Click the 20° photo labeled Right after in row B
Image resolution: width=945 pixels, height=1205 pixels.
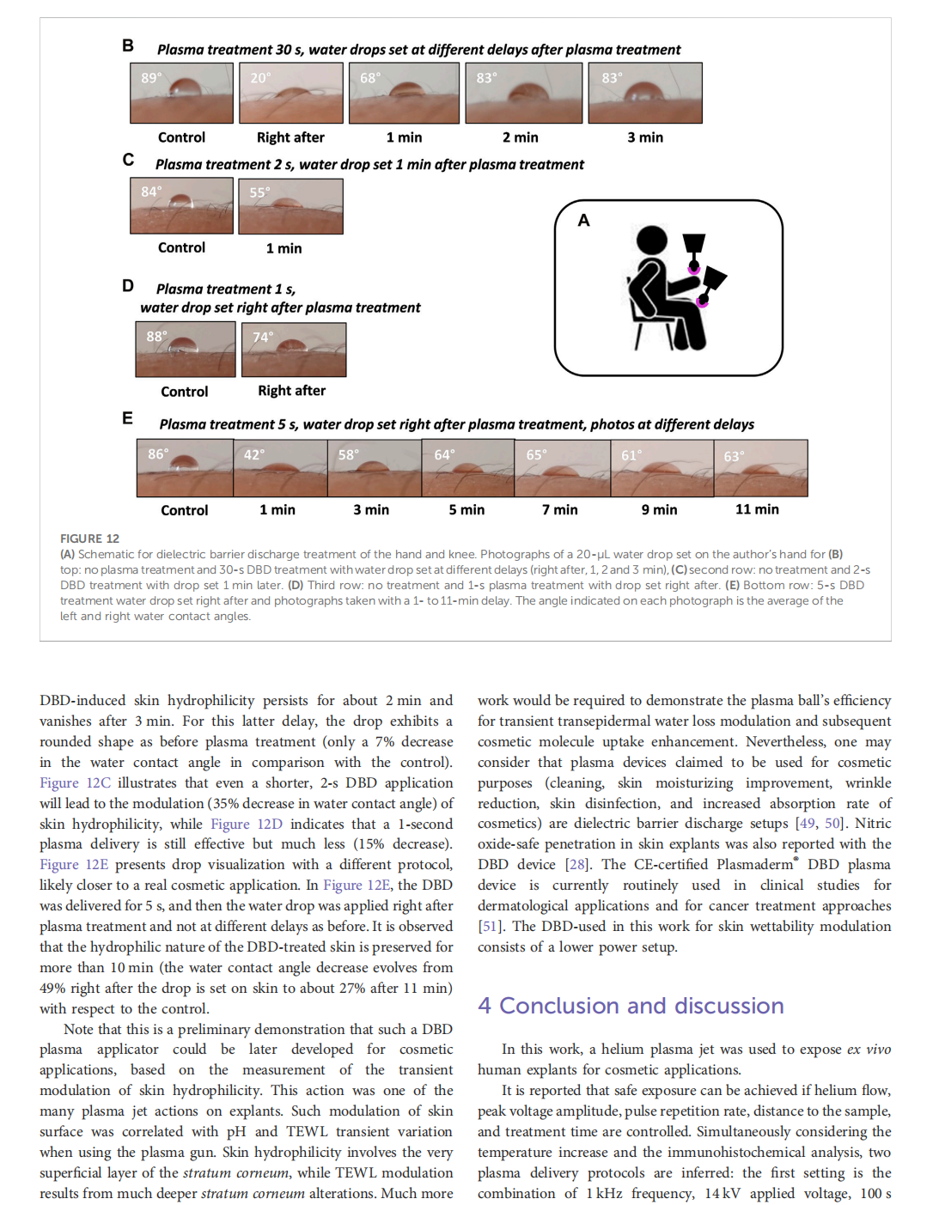coord(290,93)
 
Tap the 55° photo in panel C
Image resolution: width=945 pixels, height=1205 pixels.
coord(290,206)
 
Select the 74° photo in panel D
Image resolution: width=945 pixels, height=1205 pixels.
coord(294,350)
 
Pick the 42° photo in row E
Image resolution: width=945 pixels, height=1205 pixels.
coord(280,468)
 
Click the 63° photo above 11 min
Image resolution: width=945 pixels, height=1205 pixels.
coord(760,468)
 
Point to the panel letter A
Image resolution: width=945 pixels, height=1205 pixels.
coord(584,221)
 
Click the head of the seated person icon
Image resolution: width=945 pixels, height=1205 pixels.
coord(652,240)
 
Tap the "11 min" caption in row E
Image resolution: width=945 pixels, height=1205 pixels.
coord(757,509)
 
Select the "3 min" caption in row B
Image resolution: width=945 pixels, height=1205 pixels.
coord(645,137)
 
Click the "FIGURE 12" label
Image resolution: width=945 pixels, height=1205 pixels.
coord(89,539)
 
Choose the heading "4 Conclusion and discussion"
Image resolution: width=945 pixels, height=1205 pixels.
coord(631,1006)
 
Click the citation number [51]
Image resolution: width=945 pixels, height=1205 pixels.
coord(490,927)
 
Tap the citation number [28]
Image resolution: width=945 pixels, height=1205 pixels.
coord(576,865)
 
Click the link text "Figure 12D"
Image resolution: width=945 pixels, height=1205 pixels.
coord(247,824)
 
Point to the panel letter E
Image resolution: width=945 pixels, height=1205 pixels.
coord(128,418)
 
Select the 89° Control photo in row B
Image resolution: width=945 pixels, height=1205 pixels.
coord(181,93)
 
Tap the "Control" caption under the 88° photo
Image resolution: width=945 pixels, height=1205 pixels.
coord(185,392)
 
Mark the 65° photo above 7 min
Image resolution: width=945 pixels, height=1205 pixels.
coord(563,468)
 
